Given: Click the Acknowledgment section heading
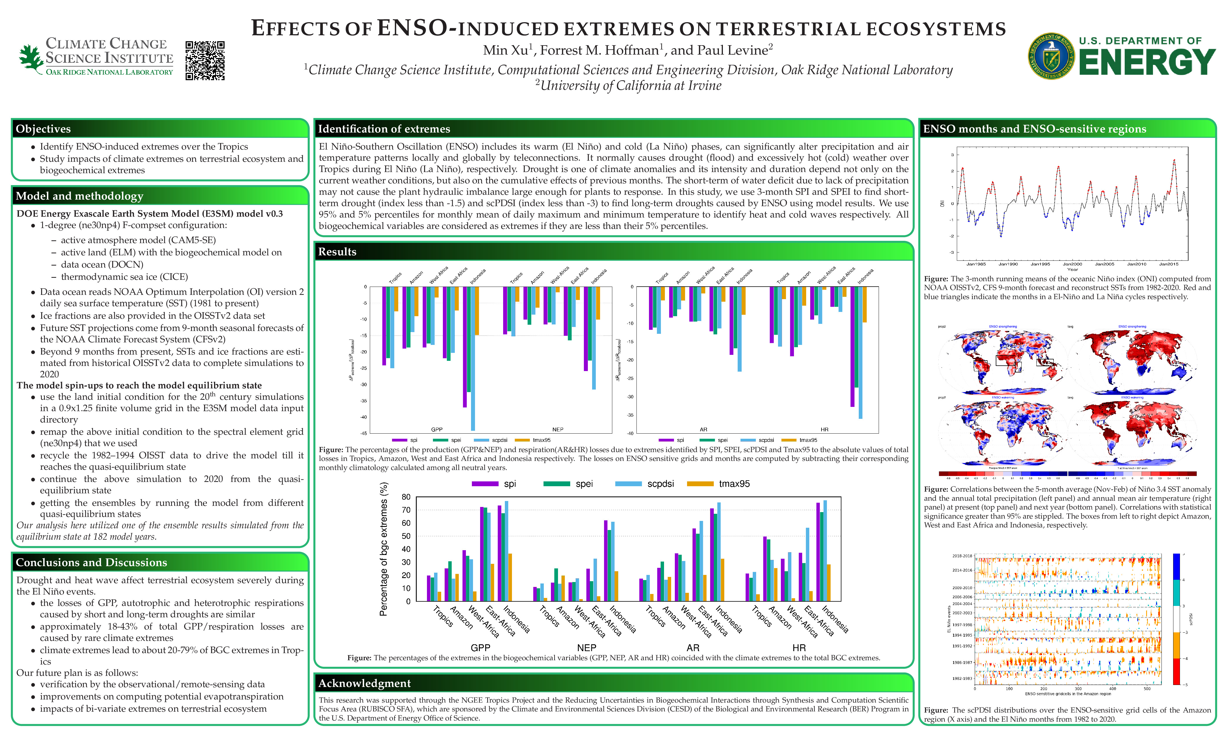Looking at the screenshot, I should click(364, 683).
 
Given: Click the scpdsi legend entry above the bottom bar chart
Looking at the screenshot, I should click(660, 484).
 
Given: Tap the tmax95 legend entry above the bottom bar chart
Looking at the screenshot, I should click(734, 484).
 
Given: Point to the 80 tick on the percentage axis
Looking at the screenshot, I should click(406, 497).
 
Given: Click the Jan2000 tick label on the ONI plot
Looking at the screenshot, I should click(1072, 264).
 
